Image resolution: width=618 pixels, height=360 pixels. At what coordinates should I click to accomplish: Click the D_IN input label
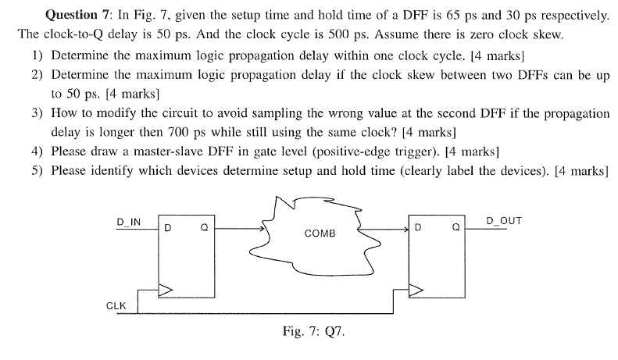[129, 221]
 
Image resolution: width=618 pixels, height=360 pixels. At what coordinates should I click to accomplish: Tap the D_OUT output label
[503, 221]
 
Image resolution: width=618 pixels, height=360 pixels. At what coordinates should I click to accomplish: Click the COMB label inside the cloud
[320, 233]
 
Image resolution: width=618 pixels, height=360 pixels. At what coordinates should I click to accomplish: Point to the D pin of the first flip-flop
[168, 229]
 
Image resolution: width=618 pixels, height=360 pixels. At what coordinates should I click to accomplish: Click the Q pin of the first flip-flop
[203, 229]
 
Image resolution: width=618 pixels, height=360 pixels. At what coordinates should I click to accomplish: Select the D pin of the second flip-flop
[420, 229]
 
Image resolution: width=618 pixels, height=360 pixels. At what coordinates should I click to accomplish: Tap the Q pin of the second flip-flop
[455, 229]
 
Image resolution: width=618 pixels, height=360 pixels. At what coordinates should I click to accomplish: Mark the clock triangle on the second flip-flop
[416, 290]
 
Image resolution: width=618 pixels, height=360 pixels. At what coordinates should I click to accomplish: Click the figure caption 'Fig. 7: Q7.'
[313, 330]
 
